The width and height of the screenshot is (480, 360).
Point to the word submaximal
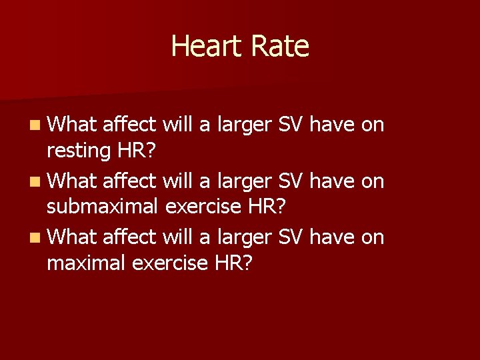click(102, 207)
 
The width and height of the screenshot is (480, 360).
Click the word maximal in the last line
click(87, 263)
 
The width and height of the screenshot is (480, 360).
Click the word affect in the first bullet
click(130, 124)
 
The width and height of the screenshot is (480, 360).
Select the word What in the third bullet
click(73, 236)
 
